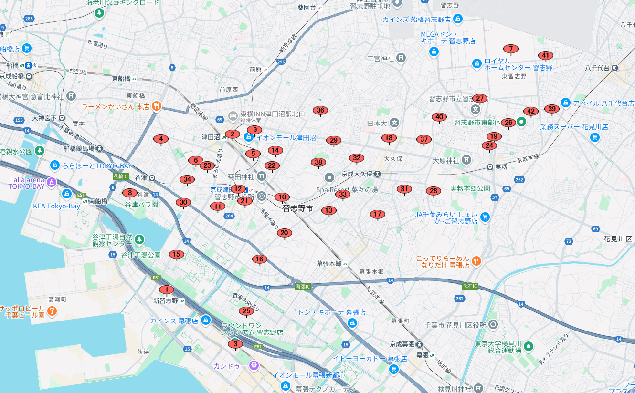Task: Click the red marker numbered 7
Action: click(x=511, y=49)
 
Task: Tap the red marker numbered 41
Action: click(x=545, y=55)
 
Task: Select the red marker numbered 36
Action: click(x=320, y=111)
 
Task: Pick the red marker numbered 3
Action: click(x=235, y=344)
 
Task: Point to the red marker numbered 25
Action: click(x=246, y=311)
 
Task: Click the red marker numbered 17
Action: click(x=377, y=215)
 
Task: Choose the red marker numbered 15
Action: click(x=177, y=255)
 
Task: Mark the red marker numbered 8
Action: click(x=129, y=193)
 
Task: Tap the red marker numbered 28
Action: click(x=434, y=191)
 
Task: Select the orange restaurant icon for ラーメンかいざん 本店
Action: click(x=156, y=106)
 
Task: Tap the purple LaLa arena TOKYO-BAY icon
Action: click(x=52, y=182)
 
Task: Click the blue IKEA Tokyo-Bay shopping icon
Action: click(x=67, y=194)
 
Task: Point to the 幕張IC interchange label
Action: click(x=303, y=286)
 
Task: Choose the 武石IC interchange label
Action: click(x=470, y=286)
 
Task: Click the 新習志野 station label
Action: click(x=166, y=301)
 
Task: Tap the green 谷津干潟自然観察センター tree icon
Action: click(x=139, y=238)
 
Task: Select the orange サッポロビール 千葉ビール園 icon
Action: click(x=52, y=311)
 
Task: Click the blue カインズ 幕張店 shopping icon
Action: click(x=206, y=320)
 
